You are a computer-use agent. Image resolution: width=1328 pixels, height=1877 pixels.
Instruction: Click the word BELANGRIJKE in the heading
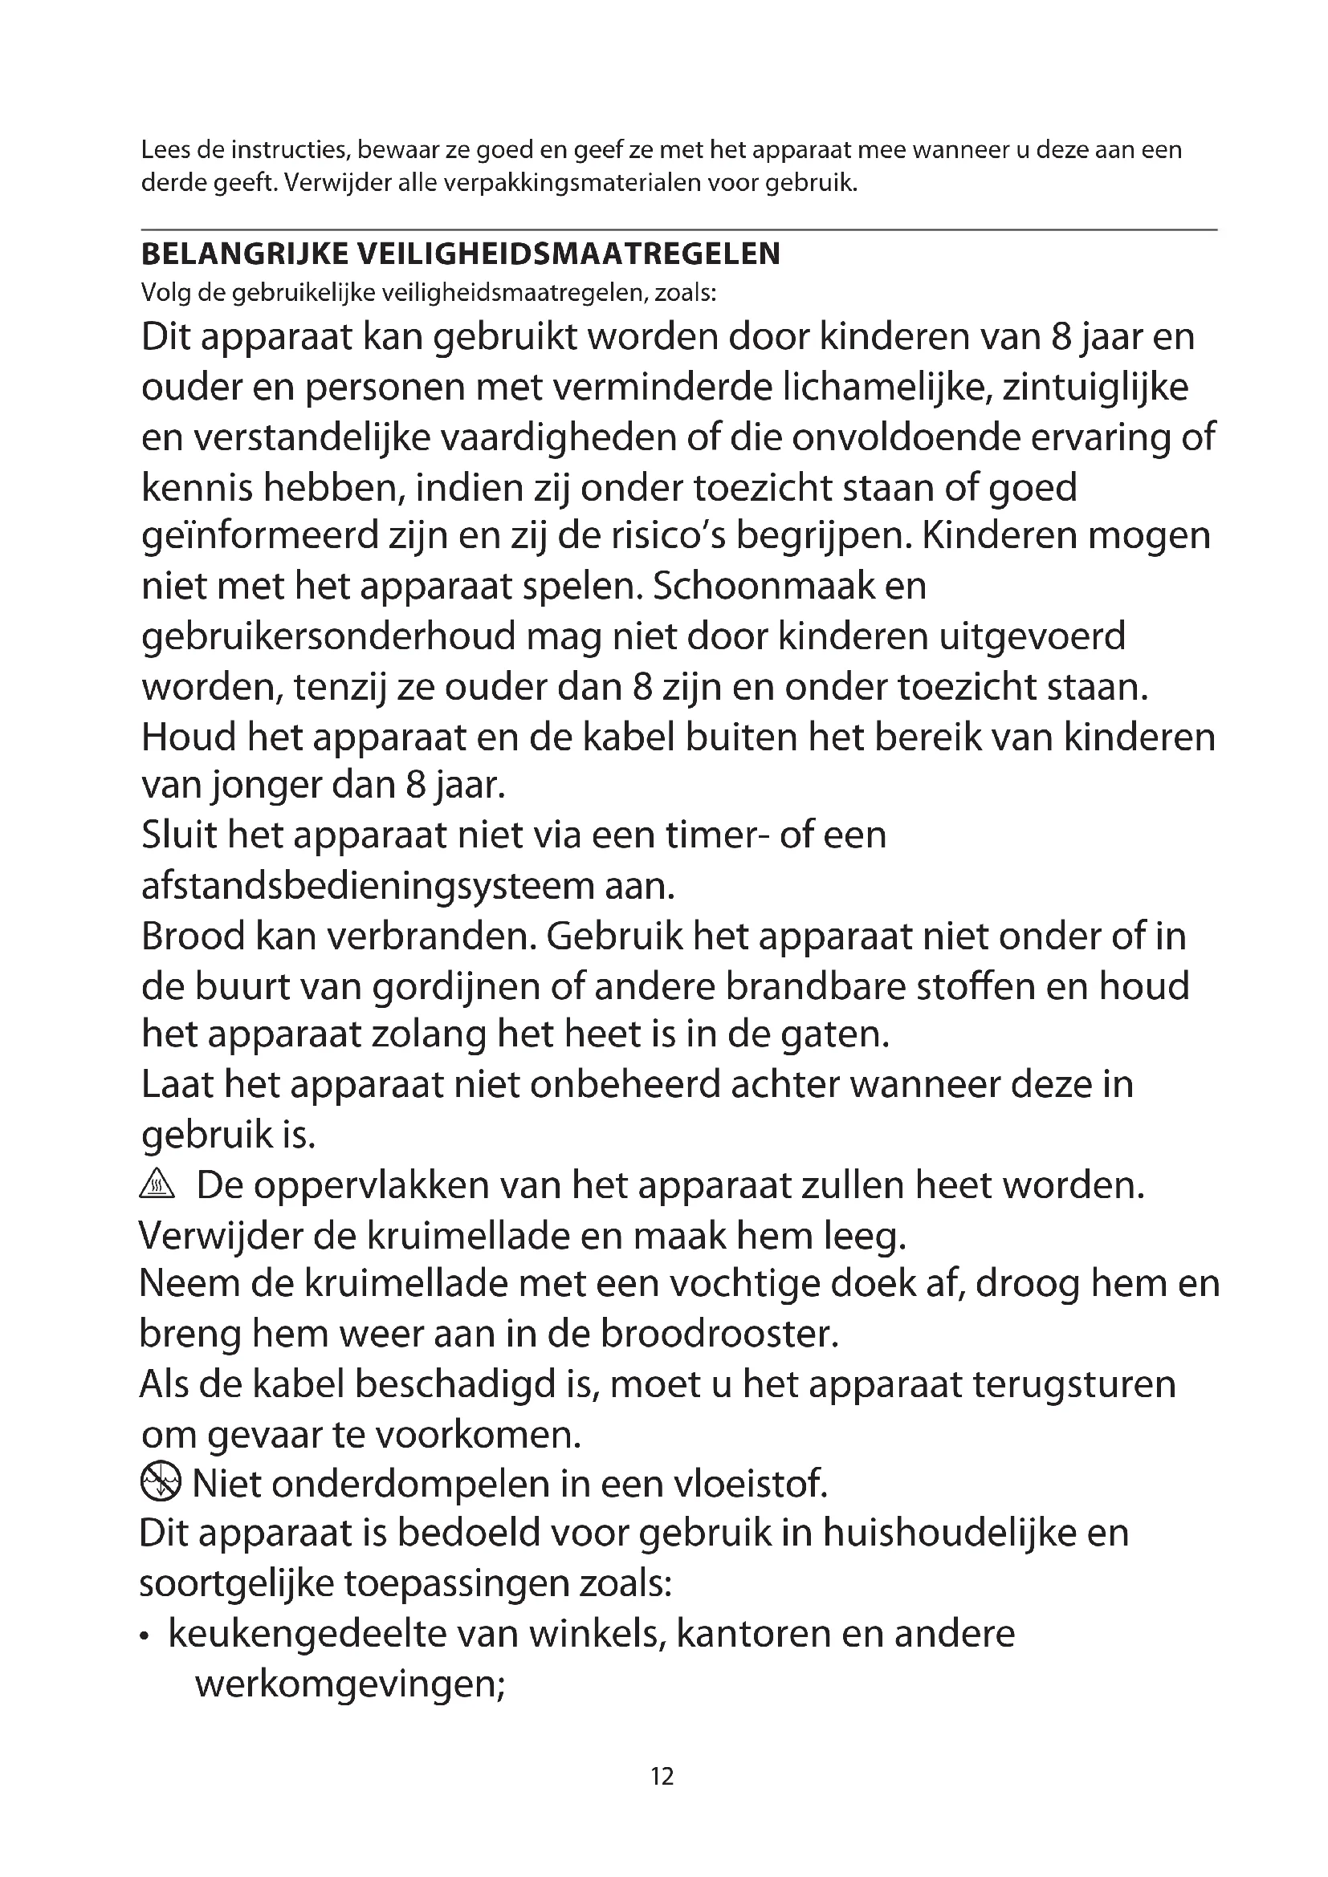(246, 254)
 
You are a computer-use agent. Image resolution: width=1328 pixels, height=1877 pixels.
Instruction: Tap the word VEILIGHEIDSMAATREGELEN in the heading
(569, 254)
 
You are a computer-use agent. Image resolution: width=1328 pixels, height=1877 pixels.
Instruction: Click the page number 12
(662, 1775)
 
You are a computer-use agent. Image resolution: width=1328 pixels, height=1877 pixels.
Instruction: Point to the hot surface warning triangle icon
(157, 1185)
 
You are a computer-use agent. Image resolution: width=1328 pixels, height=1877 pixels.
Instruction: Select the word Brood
(193, 936)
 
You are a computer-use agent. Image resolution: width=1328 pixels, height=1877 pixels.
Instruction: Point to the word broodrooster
(719, 1335)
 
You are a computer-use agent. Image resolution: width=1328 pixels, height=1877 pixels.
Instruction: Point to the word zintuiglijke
(1095, 387)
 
